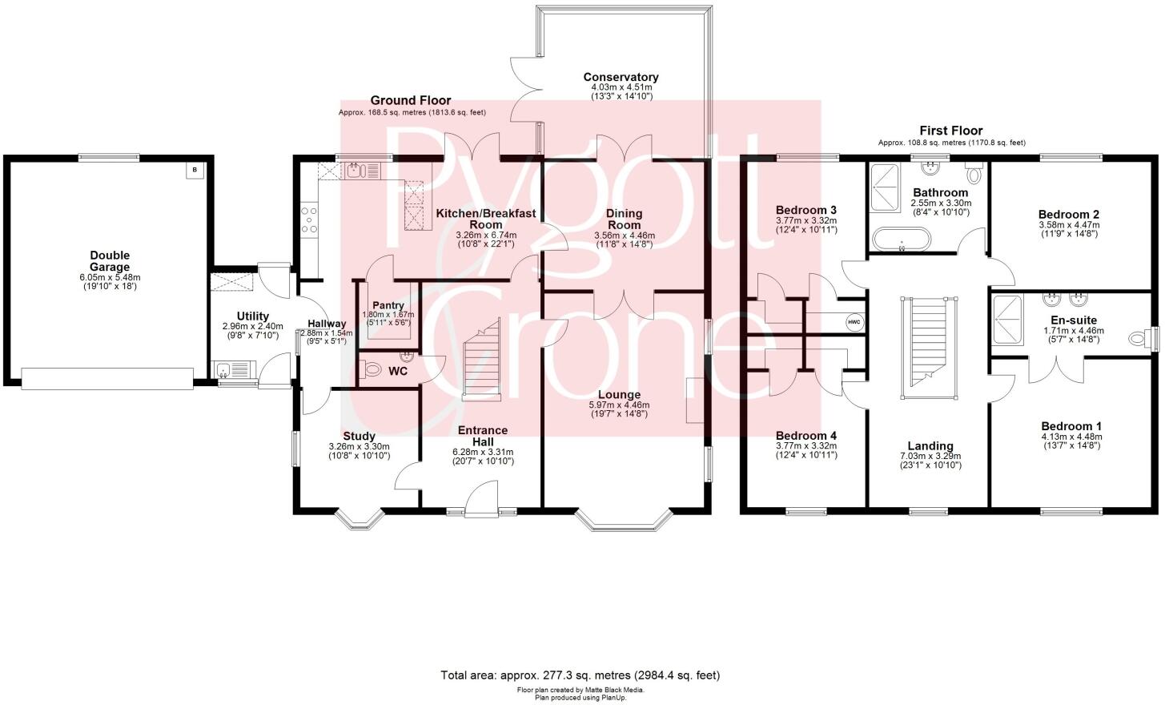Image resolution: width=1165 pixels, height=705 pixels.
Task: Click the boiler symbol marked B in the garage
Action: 193,170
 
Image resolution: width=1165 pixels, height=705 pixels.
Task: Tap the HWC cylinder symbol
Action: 854,322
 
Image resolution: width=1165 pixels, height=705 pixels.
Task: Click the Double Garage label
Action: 110,261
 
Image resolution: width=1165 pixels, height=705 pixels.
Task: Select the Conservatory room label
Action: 621,77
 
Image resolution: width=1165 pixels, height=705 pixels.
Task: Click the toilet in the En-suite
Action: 1138,339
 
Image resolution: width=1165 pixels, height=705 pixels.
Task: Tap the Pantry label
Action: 388,305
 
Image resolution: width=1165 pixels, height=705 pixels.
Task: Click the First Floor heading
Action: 950,131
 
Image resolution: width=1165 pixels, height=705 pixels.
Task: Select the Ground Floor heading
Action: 410,100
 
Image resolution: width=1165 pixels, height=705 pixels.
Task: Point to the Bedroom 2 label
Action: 1068,214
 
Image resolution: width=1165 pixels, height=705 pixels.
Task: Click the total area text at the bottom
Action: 580,675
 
